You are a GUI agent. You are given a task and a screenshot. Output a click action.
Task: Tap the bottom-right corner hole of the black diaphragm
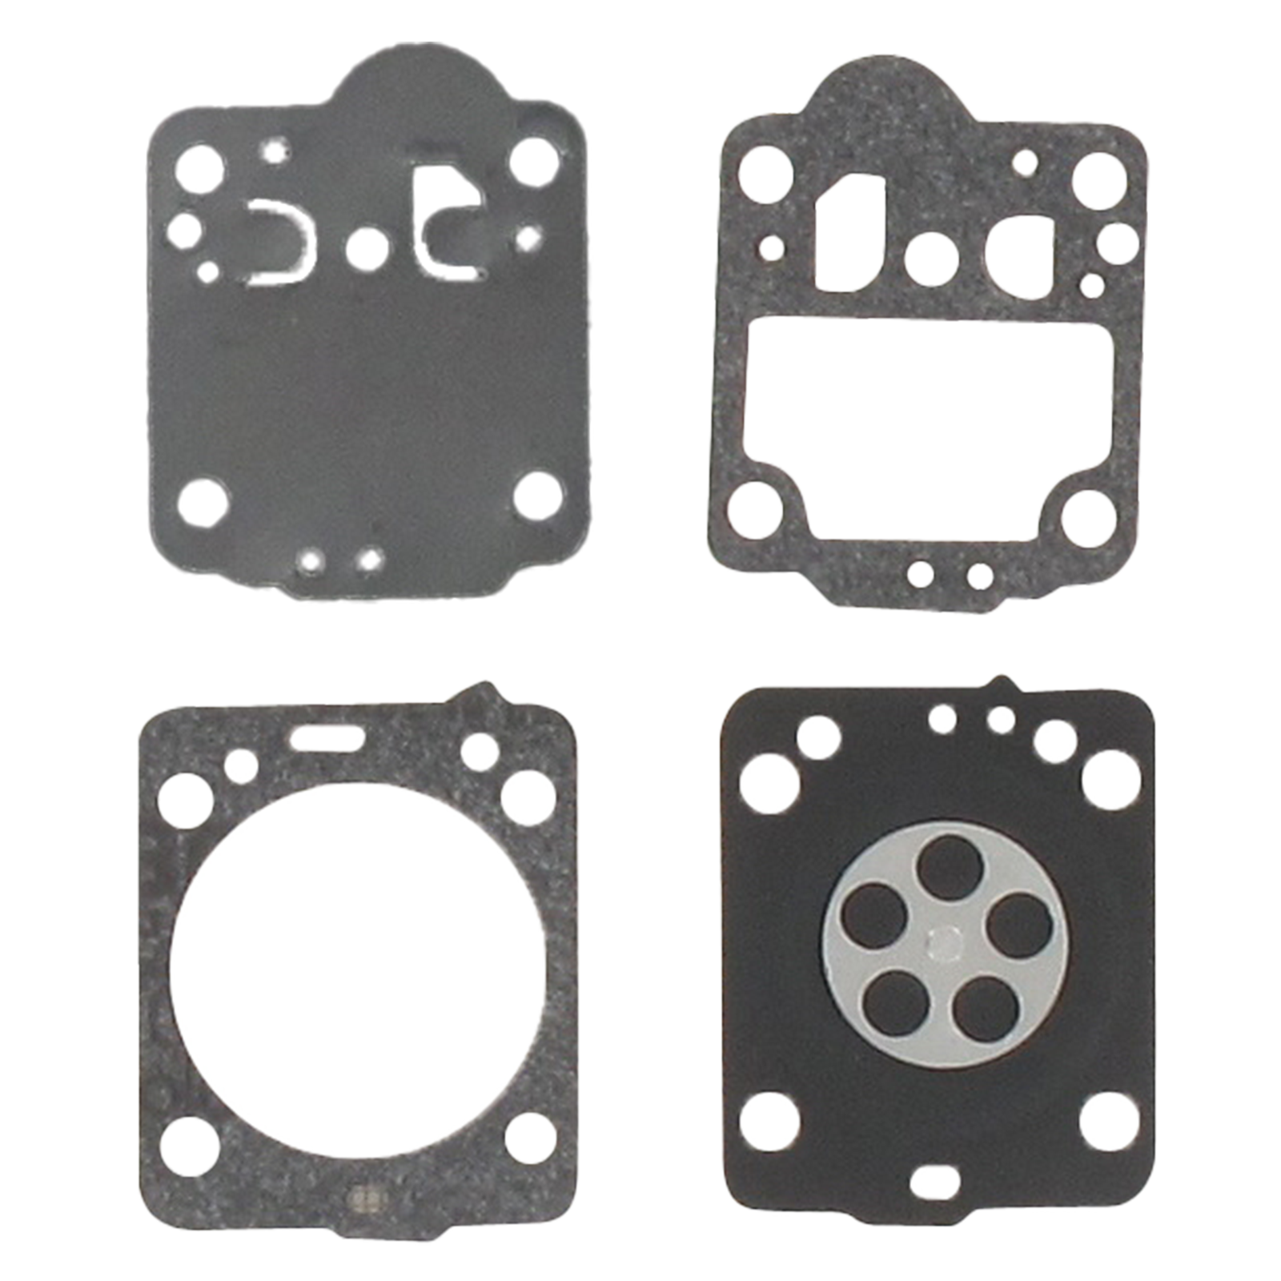click(1109, 1121)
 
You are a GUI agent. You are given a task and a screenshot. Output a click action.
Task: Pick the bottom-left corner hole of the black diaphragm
click(769, 1122)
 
